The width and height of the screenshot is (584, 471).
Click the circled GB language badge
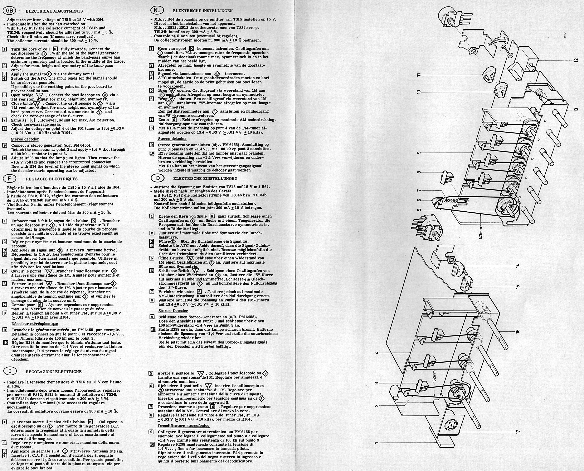tap(9, 11)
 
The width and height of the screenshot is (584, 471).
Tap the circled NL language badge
tap(157, 10)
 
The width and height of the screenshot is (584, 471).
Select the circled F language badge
tap(9, 179)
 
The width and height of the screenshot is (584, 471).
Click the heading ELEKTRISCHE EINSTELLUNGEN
tap(205, 179)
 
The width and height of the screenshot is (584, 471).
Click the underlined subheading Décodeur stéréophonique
tap(35, 324)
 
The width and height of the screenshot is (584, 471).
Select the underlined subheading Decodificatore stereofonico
tap(184, 426)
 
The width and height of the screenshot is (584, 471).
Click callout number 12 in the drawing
tap(576, 60)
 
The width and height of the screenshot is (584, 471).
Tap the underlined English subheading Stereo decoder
tap(25, 139)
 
